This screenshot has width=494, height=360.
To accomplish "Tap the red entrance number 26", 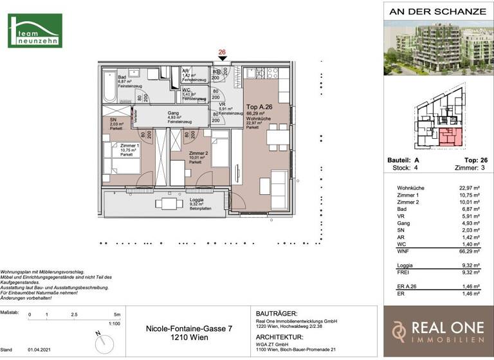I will tap(222, 53).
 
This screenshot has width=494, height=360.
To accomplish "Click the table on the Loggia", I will tap(168, 204).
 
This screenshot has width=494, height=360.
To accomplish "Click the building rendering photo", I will tap(437, 48).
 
